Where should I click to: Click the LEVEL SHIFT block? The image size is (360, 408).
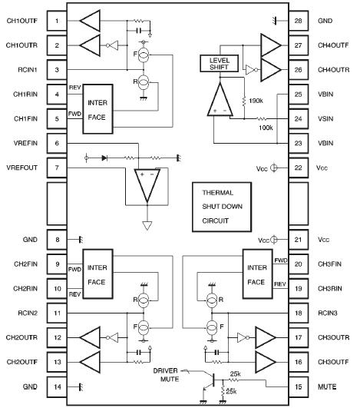point(220,65)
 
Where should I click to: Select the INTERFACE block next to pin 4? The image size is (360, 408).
point(97,107)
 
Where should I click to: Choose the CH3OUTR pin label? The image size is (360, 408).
point(332,337)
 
